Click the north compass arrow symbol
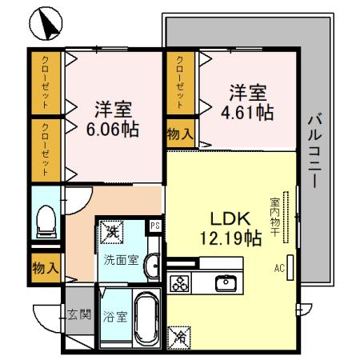(46, 26)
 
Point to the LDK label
(231, 218)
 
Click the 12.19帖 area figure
(231, 237)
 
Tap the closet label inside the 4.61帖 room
(182, 83)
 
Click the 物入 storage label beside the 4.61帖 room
(180, 134)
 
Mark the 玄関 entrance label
(78, 313)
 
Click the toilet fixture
(46, 219)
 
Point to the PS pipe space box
(155, 226)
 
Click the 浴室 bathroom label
(114, 316)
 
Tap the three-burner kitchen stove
(180, 284)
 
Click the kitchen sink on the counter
(226, 282)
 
